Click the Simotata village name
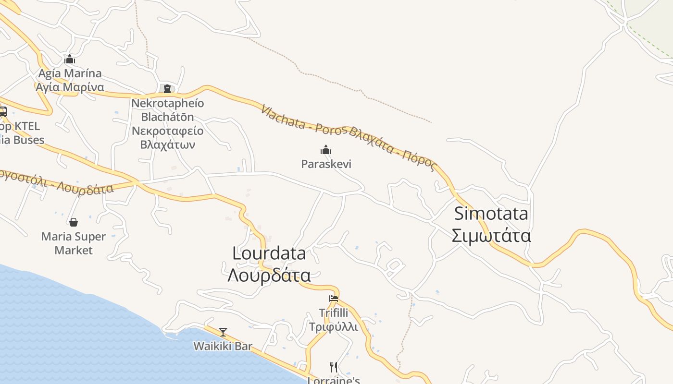pyautogui.click(x=491, y=213)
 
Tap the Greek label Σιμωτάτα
pyautogui.click(x=491, y=236)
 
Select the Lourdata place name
pyautogui.click(x=269, y=253)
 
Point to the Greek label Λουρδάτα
pyautogui.click(x=269, y=276)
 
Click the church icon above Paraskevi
pyautogui.click(x=326, y=150)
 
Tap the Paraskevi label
pyautogui.click(x=326, y=164)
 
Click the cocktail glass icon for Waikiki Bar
pyautogui.click(x=223, y=332)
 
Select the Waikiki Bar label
pyautogui.click(x=223, y=346)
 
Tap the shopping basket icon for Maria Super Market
pyautogui.click(x=74, y=222)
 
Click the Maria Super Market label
pyautogui.click(x=74, y=243)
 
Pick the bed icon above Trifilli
pyautogui.click(x=334, y=299)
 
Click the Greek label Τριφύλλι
pyautogui.click(x=333, y=327)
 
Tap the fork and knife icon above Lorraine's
pyautogui.click(x=334, y=367)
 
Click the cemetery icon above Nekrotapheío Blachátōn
pyautogui.click(x=167, y=89)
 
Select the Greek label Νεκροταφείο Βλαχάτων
pyautogui.click(x=167, y=138)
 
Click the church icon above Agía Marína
pyautogui.click(x=70, y=60)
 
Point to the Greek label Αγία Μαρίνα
pyautogui.click(x=70, y=87)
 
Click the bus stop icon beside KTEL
pyautogui.click(x=2, y=112)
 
